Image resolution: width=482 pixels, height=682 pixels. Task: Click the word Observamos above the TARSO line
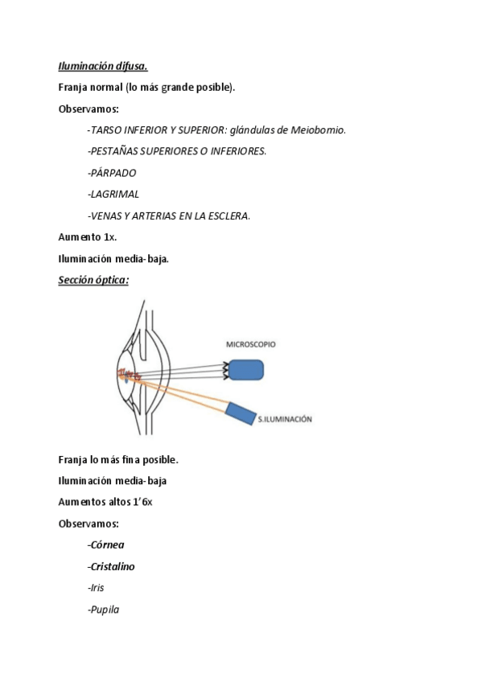(88, 109)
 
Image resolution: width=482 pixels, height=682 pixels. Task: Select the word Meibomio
(321, 130)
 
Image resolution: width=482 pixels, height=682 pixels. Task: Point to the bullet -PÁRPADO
(112, 173)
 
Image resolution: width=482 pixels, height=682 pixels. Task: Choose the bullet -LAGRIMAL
(113, 194)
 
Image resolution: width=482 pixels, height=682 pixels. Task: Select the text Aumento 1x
(88, 237)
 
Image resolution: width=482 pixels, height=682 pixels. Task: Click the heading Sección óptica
(93, 280)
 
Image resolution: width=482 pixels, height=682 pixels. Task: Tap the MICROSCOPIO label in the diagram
(250, 343)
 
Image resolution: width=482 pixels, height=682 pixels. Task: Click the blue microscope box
(246, 369)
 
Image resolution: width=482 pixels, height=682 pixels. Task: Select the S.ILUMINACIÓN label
(284, 419)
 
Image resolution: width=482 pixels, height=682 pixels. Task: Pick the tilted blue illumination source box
(239, 413)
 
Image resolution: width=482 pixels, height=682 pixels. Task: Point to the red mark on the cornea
(127, 372)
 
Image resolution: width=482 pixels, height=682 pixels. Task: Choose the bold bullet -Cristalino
(111, 566)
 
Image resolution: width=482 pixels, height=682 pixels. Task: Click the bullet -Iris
(96, 588)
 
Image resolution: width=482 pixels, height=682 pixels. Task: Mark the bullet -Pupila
(103, 610)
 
